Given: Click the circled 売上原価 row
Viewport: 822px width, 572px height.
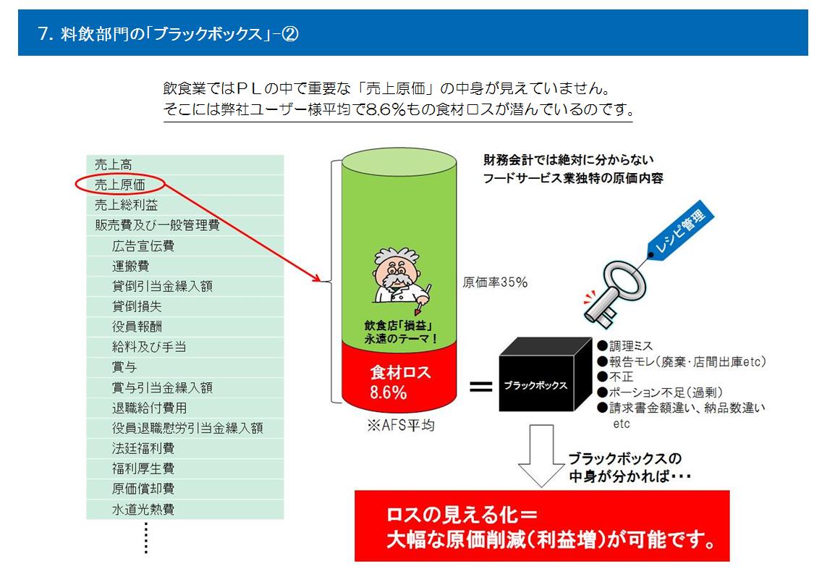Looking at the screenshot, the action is pyautogui.click(x=120, y=185).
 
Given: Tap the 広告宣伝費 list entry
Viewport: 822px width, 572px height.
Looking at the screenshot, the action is pyautogui.click(x=143, y=245).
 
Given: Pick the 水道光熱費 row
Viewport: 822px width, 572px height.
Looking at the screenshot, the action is pyautogui.click(x=143, y=509).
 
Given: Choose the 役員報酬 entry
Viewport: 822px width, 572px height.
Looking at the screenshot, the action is pyautogui.click(x=137, y=327).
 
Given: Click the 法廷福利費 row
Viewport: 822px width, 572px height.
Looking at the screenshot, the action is pyautogui.click(x=143, y=448).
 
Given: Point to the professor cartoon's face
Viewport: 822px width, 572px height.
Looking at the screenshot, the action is pyautogui.click(x=395, y=273).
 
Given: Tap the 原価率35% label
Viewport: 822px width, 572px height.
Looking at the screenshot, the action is pyautogui.click(x=495, y=282).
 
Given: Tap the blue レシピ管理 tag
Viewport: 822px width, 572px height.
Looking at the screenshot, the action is pyautogui.click(x=680, y=228).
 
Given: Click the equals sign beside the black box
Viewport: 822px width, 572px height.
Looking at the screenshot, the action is pyautogui.click(x=480, y=387).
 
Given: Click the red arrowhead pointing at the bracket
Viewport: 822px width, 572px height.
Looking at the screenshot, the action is pyautogui.click(x=315, y=277).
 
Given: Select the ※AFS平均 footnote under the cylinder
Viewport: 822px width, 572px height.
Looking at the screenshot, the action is pyautogui.click(x=401, y=425).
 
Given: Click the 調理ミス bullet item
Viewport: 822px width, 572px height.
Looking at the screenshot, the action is pyautogui.click(x=625, y=346).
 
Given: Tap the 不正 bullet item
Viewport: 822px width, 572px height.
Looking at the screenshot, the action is pyautogui.click(x=616, y=377).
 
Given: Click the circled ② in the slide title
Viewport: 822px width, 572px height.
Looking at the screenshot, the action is pyautogui.click(x=290, y=34).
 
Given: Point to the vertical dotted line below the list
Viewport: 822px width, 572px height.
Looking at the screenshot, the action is pyautogui.click(x=145, y=538).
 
